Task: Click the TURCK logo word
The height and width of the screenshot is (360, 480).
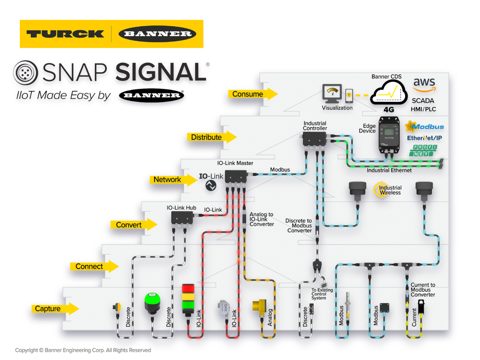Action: (65, 34)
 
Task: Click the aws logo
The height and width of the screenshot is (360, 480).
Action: (424, 84)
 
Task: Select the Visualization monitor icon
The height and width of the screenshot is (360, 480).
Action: (332, 93)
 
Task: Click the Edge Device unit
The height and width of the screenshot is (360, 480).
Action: (389, 135)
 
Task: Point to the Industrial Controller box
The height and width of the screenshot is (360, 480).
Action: (315, 139)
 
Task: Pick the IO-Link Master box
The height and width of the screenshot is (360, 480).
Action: (235, 176)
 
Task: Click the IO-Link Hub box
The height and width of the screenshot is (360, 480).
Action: (182, 217)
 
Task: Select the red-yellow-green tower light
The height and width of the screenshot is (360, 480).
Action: (188, 297)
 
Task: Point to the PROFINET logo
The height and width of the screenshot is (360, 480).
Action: (423, 150)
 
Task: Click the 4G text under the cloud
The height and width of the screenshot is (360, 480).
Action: (389, 109)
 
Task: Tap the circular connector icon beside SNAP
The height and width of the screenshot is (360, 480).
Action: (25, 73)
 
